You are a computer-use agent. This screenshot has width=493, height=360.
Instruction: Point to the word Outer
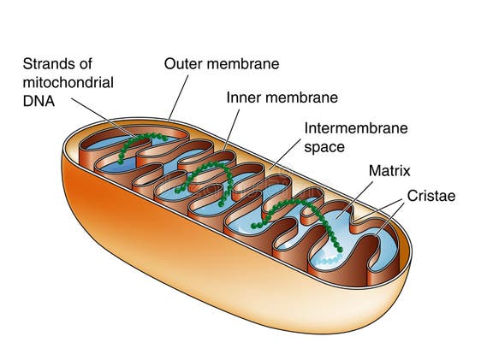click(x=182, y=63)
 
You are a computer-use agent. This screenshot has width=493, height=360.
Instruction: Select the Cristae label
click(x=432, y=196)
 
